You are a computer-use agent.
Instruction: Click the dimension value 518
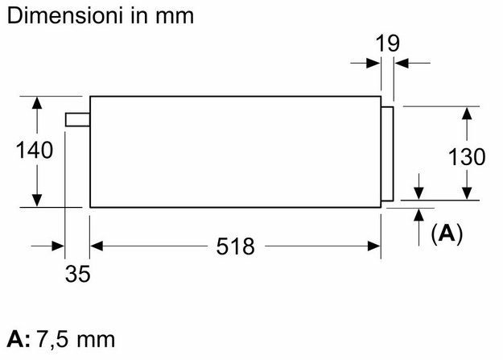(236, 246)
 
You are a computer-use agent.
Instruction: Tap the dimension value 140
(35, 150)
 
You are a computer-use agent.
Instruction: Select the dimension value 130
(467, 157)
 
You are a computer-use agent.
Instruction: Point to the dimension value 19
(388, 43)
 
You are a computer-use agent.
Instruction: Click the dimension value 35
(77, 274)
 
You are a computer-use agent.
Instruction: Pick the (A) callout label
(447, 233)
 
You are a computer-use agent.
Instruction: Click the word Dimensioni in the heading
(64, 15)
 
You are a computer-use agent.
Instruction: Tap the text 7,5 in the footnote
(52, 339)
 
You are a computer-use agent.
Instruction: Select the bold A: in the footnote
(19, 339)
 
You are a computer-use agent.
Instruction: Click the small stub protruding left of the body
(77, 119)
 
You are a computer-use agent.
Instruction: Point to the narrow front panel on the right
(387, 154)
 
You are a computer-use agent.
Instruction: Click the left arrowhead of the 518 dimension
(97, 246)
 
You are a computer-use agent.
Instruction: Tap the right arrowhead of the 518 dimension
(374, 246)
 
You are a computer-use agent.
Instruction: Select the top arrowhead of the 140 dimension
(37, 103)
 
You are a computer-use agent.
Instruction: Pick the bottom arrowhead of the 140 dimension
(37, 201)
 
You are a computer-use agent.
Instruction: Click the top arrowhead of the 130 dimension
(467, 114)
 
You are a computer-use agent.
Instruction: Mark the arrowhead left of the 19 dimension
(374, 63)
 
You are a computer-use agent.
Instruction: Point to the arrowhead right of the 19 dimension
(402, 63)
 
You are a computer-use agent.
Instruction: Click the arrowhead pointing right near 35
(58, 246)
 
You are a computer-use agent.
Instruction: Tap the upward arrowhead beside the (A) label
(418, 215)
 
